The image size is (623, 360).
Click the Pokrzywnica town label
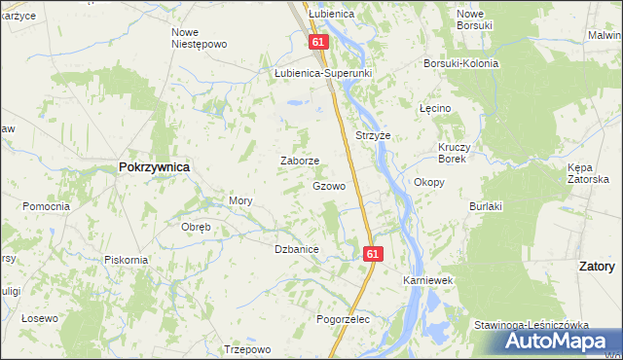point(154,167)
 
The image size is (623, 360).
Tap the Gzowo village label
point(329,186)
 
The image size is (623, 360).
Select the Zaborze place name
point(300,162)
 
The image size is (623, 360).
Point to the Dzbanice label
point(297,250)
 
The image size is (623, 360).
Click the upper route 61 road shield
point(319,43)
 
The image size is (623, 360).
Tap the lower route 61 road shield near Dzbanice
point(374,253)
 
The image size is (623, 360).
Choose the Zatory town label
point(596,266)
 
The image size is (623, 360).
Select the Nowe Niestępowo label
point(199,38)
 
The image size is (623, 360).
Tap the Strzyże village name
point(373,136)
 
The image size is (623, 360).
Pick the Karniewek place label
point(429,280)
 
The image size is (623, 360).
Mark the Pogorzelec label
point(344,319)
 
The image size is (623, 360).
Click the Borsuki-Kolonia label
point(460,64)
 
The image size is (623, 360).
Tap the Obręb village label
point(197,228)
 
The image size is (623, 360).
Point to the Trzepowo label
point(246,349)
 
